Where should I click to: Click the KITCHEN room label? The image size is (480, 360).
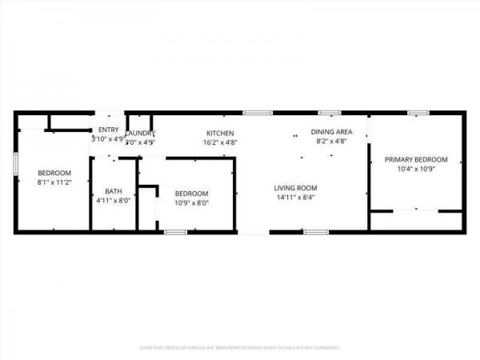point(220,133)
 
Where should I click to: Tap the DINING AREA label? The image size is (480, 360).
point(332,132)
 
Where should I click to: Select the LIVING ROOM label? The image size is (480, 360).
point(295,187)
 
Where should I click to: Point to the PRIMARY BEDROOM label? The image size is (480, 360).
point(416,159)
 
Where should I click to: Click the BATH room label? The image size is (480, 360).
point(114,190)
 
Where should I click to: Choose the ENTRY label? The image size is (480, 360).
point(108,130)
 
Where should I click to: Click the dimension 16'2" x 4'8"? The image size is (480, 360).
point(220,142)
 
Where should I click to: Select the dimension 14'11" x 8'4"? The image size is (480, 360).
point(295,197)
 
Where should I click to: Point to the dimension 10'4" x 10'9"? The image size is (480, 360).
point(416,169)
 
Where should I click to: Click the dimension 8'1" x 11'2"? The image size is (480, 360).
point(54,182)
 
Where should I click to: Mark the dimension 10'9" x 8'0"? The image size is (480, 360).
point(192,202)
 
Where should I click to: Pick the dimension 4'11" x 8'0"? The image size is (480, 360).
point(114,200)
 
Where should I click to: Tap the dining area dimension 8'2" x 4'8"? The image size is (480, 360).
point(332,142)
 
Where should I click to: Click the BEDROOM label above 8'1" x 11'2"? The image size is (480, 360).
point(54,173)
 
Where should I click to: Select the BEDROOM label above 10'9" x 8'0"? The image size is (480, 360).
point(192,193)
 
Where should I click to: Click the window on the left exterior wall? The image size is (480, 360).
point(15,162)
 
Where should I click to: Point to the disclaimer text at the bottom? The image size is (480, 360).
point(240,348)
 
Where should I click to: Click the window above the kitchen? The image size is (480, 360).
point(254,113)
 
